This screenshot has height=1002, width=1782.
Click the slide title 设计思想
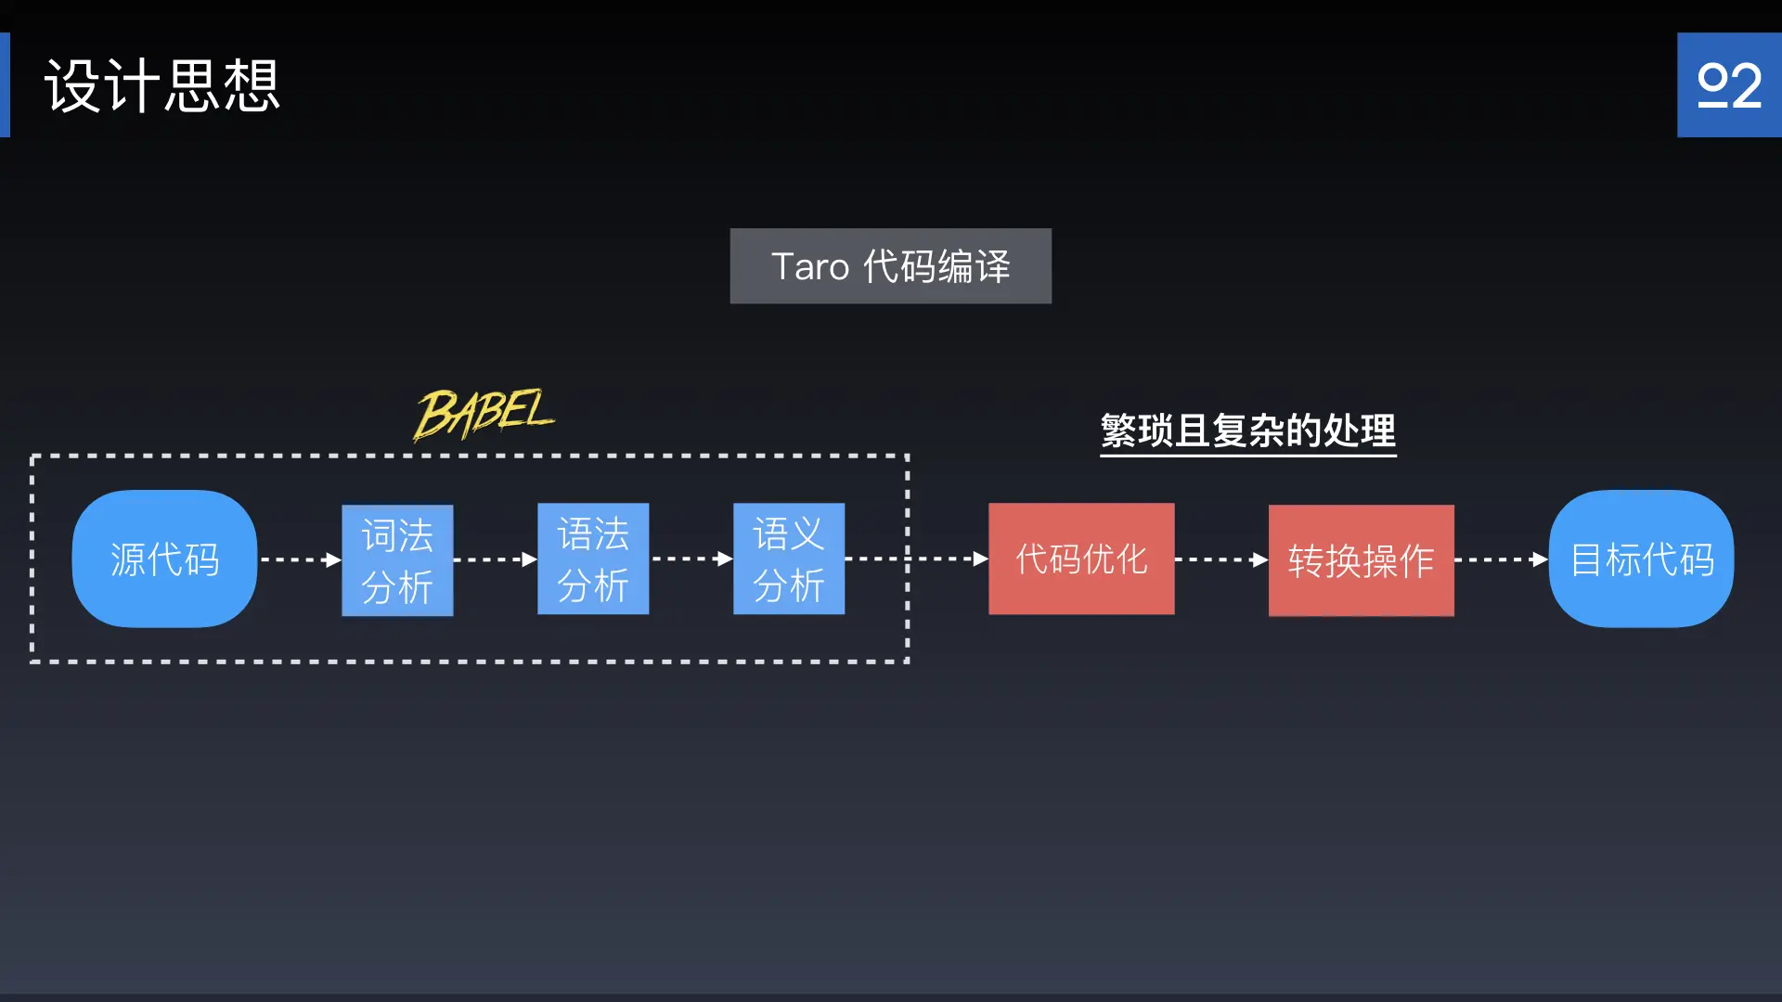(162, 86)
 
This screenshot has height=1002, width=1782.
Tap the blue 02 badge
(1729, 85)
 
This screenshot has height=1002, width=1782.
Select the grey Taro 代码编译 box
(890, 266)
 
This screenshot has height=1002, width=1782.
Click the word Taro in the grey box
(810, 267)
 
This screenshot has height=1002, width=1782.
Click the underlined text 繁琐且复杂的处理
(1247, 431)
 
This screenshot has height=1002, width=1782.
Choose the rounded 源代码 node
(164, 559)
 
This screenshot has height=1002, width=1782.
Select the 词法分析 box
(397, 560)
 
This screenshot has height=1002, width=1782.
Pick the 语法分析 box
(593, 559)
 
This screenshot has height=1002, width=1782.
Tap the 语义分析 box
(789, 559)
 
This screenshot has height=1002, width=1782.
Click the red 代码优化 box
(1081, 559)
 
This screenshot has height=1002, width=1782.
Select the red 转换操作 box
(1361, 560)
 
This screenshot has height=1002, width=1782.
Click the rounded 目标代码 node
(1641, 559)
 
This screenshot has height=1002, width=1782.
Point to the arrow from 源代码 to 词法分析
(300, 559)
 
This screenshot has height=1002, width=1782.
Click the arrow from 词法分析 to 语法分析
(496, 559)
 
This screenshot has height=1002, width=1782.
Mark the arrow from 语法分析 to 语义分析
(691, 559)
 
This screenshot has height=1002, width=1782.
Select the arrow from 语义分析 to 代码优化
(917, 559)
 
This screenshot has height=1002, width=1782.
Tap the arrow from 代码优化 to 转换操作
(1221, 559)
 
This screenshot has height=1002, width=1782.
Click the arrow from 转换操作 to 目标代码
(1501, 559)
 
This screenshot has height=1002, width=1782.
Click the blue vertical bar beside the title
(5, 85)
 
